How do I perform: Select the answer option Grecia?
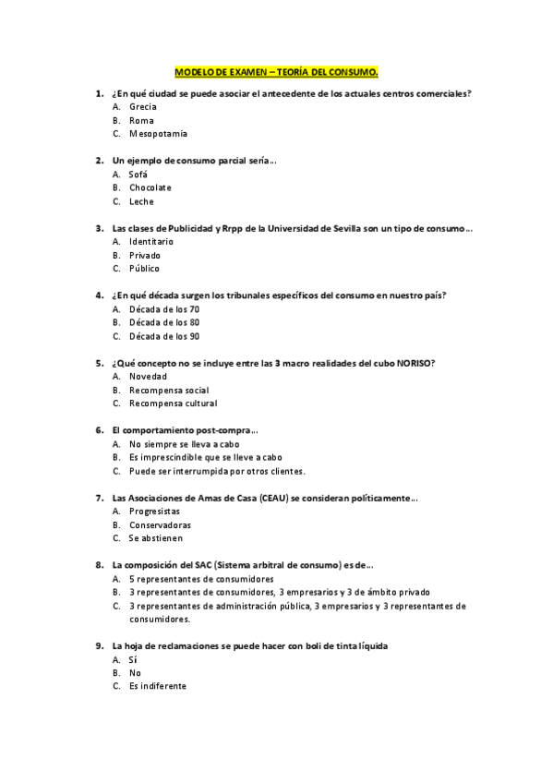[x=143, y=107]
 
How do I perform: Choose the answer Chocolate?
[x=150, y=188]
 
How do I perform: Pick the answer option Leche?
[x=141, y=201]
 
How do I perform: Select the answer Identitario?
[x=151, y=242]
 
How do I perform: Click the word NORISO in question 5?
[x=418, y=363]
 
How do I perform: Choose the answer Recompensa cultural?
[x=174, y=404]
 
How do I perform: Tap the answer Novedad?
[x=148, y=377]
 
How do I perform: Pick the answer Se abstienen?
[x=156, y=538]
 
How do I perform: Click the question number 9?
[x=99, y=646]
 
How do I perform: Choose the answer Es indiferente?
[x=158, y=686]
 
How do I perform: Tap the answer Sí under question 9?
[x=133, y=660]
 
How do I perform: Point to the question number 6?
[x=99, y=430]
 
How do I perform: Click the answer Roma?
[x=141, y=121]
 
